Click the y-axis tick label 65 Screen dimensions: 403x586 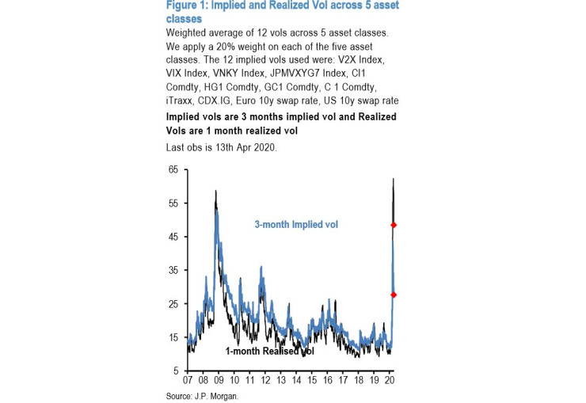click(x=173, y=169)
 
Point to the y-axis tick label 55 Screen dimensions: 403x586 click(x=173, y=203)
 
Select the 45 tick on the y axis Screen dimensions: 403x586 click(x=173, y=237)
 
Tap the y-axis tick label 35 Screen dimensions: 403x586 click(x=173, y=270)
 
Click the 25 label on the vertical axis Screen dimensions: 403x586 click(x=173, y=304)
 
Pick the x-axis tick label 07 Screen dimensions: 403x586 click(x=188, y=381)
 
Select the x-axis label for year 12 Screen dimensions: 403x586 click(x=265, y=381)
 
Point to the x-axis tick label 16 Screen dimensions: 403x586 click(x=328, y=381)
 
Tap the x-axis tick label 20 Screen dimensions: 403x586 click(x=390, y=381)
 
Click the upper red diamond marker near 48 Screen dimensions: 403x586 click(x=394, y=225)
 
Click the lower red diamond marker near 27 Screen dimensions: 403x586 click(x=394, y=295)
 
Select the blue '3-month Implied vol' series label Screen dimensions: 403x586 click(x=295, y=225)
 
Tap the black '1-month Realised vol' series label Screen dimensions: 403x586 click(x=269, y=351)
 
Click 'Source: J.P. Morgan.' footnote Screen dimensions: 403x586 click(x=202, y=396)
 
